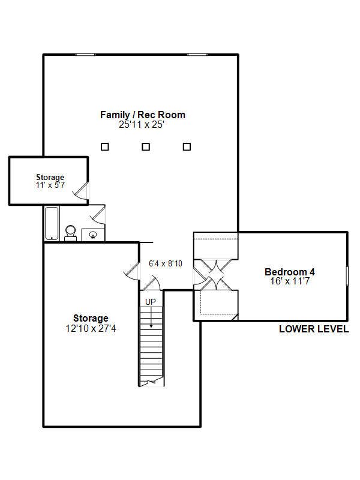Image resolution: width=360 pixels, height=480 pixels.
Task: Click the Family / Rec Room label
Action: click(x=143, y=115)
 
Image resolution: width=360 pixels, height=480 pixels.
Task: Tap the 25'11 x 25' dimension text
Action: click(x=142, y=125)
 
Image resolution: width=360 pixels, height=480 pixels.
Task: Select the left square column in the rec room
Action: click(x=104, y=147)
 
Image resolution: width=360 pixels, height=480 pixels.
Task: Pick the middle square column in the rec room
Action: click(x=146, y=147)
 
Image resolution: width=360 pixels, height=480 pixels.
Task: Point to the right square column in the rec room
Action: click(x=187, y=147)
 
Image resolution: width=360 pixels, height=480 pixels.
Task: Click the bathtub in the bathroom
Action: click(x=52, y=223)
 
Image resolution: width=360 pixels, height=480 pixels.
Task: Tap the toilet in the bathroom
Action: click(x=71, y=233)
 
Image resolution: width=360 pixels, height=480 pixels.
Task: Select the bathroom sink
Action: click(x=93, y=235)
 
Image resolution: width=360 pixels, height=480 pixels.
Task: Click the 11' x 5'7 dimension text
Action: click(x=50, y=185)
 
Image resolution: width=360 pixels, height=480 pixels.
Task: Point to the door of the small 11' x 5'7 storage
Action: click(x=82, y=191)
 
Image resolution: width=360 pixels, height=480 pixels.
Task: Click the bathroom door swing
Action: click(x=98, y=214)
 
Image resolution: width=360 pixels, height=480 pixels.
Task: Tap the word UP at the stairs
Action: click(x=151, y=302)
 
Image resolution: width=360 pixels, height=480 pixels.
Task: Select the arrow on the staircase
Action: click(x=151, y=318)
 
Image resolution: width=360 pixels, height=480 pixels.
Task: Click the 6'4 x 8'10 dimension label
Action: click(x=166, y=263)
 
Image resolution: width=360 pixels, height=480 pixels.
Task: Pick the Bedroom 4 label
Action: click(x=290, y=272)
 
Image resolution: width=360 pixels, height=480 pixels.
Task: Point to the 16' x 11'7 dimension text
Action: click(x=290, y=281)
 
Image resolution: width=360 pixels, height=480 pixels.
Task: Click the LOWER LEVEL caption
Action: click(x=314, y=329)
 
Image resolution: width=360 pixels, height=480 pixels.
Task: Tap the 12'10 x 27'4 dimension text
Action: click(x=91, y=328)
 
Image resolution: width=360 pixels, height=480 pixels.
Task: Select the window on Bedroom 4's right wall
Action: click(x=347, y=275)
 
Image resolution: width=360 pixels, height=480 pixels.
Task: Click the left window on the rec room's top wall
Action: click(x=85, y=55)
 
